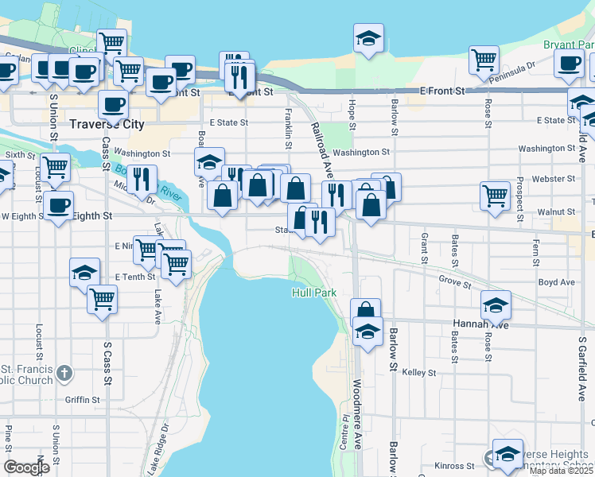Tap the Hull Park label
[x=313, y=293]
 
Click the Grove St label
[x=455, y=279]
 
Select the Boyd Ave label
[x=556, y=282]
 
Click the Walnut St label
[x=555, y=212]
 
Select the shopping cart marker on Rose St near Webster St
[x=495, y=194]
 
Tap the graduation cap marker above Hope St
[x=368, y=37]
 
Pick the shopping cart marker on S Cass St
[x=103, y=299]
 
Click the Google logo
[x=26, y=467]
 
